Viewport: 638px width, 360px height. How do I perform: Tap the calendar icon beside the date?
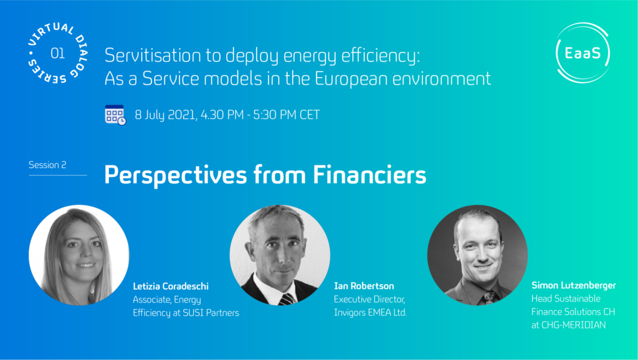pyautogui.click(x=115, y=115)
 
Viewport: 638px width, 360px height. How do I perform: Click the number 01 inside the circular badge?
pyautogui.click(x=57, y=54)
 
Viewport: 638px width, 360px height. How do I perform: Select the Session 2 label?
pyautogui.click(x=47, y=165)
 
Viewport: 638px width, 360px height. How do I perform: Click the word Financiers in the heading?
pyautogui.click(x=369, y=174)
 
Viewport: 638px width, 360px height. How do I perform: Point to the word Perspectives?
pyautogui.click(x=175, y=175)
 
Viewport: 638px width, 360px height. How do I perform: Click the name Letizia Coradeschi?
pyautogui.click(x=171, y=286)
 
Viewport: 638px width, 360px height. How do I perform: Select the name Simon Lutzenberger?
pyautogui.click(x=573, y=285)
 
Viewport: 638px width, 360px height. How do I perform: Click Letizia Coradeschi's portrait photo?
pyautogui.click(x=79, y=255)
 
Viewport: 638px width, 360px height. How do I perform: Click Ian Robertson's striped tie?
pyautogui.click(x=287, y=299)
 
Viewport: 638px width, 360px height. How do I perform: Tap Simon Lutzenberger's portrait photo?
pyautogui.click(x=477, y=255)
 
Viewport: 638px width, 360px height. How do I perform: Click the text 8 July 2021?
pyautogui.click(x=166, y=115)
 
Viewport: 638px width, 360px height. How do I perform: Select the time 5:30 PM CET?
pyautogui.click(x=287, y=115)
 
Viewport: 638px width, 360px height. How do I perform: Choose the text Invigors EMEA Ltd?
pyautogui.click(x=370, y=312)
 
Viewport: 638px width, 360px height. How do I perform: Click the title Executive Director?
pyautogui.click(x=369, y=299)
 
